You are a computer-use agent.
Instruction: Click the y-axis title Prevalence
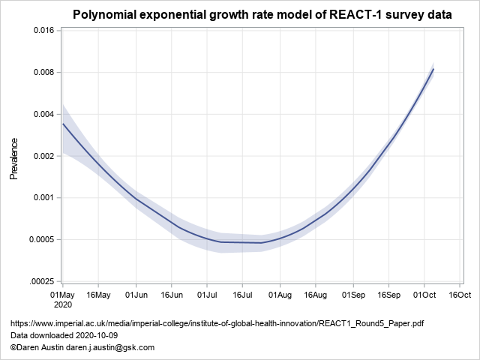tap(13, 158)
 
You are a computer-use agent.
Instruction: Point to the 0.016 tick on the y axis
tap(41, 31)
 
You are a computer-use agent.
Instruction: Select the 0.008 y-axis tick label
tap(41, 73)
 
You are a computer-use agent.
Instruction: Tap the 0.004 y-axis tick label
tap(41, 115)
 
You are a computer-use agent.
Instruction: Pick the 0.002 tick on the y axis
tap(41, 157)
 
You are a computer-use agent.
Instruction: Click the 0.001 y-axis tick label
tap(41, 198)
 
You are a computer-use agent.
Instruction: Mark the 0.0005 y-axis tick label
tap(40, 240)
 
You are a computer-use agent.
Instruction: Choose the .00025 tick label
tap(40, 282)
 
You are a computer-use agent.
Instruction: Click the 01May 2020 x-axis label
tap(62, 301)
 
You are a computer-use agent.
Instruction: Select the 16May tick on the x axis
tap(99, 295)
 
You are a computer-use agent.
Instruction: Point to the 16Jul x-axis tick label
tap(243, 295)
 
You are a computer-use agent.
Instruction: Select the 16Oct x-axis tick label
tap(460, 295)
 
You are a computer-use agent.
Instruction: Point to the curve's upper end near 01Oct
tap(433, 69)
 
